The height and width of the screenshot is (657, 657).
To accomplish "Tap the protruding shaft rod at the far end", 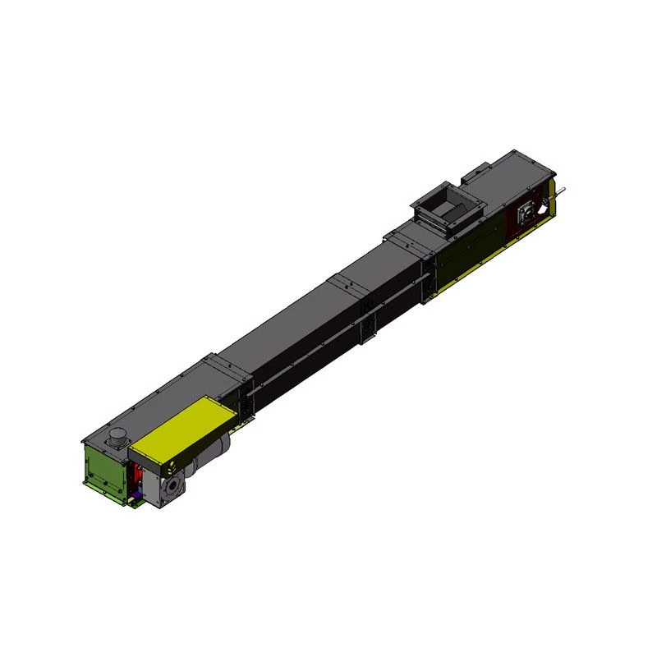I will [561, 194].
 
